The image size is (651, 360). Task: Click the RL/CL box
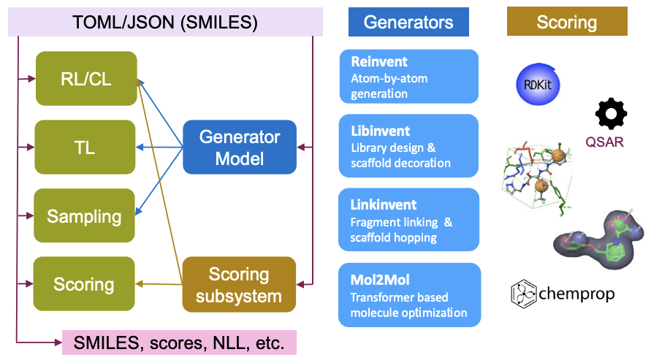point(86,78)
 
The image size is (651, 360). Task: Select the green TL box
point(85,148)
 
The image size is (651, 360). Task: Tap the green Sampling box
point(84,215)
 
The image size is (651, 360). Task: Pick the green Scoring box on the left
point(84,283)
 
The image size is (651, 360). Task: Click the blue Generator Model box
point(240,148)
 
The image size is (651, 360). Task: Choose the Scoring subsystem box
point(239,285)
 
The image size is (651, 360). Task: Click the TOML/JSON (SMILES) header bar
point(165,22)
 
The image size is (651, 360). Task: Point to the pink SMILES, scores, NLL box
point(179,342)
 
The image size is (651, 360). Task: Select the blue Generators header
point(408,22)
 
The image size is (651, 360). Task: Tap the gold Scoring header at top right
point(567,21)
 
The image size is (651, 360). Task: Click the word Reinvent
point(379,61)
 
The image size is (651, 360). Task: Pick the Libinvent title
point(381,131)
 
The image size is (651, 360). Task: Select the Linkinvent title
point(384,205)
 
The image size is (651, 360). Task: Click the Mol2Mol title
point(380,280)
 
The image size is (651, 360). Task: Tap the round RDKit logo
point(538,84)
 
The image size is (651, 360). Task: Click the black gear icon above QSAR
point(611,114)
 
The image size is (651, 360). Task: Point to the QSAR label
point(604,142)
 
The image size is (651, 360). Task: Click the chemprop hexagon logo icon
point(524,294)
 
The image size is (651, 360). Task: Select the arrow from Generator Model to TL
point(159,148)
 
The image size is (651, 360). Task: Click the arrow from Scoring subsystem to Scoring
point(159,284)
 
